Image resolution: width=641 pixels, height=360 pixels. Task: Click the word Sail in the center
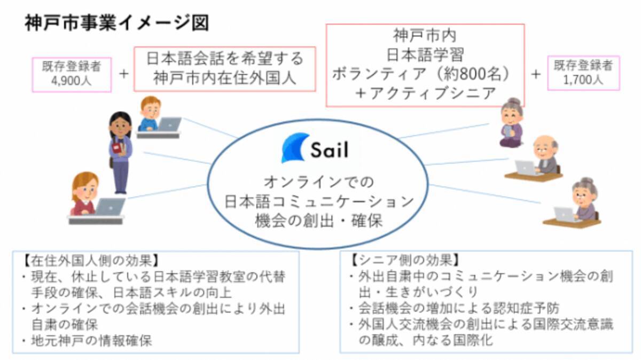point(330,150)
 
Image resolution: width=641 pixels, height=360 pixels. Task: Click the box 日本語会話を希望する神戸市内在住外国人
point(224,68)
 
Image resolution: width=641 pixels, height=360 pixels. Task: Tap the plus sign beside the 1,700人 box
point(536,74)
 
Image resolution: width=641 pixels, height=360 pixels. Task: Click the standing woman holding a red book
point(120,152)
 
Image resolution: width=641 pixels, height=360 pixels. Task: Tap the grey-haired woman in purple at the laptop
point(582,200)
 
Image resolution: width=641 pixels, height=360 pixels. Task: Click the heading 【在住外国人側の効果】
point(89,262)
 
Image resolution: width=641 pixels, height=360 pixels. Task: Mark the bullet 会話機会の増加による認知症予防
point(460,308)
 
